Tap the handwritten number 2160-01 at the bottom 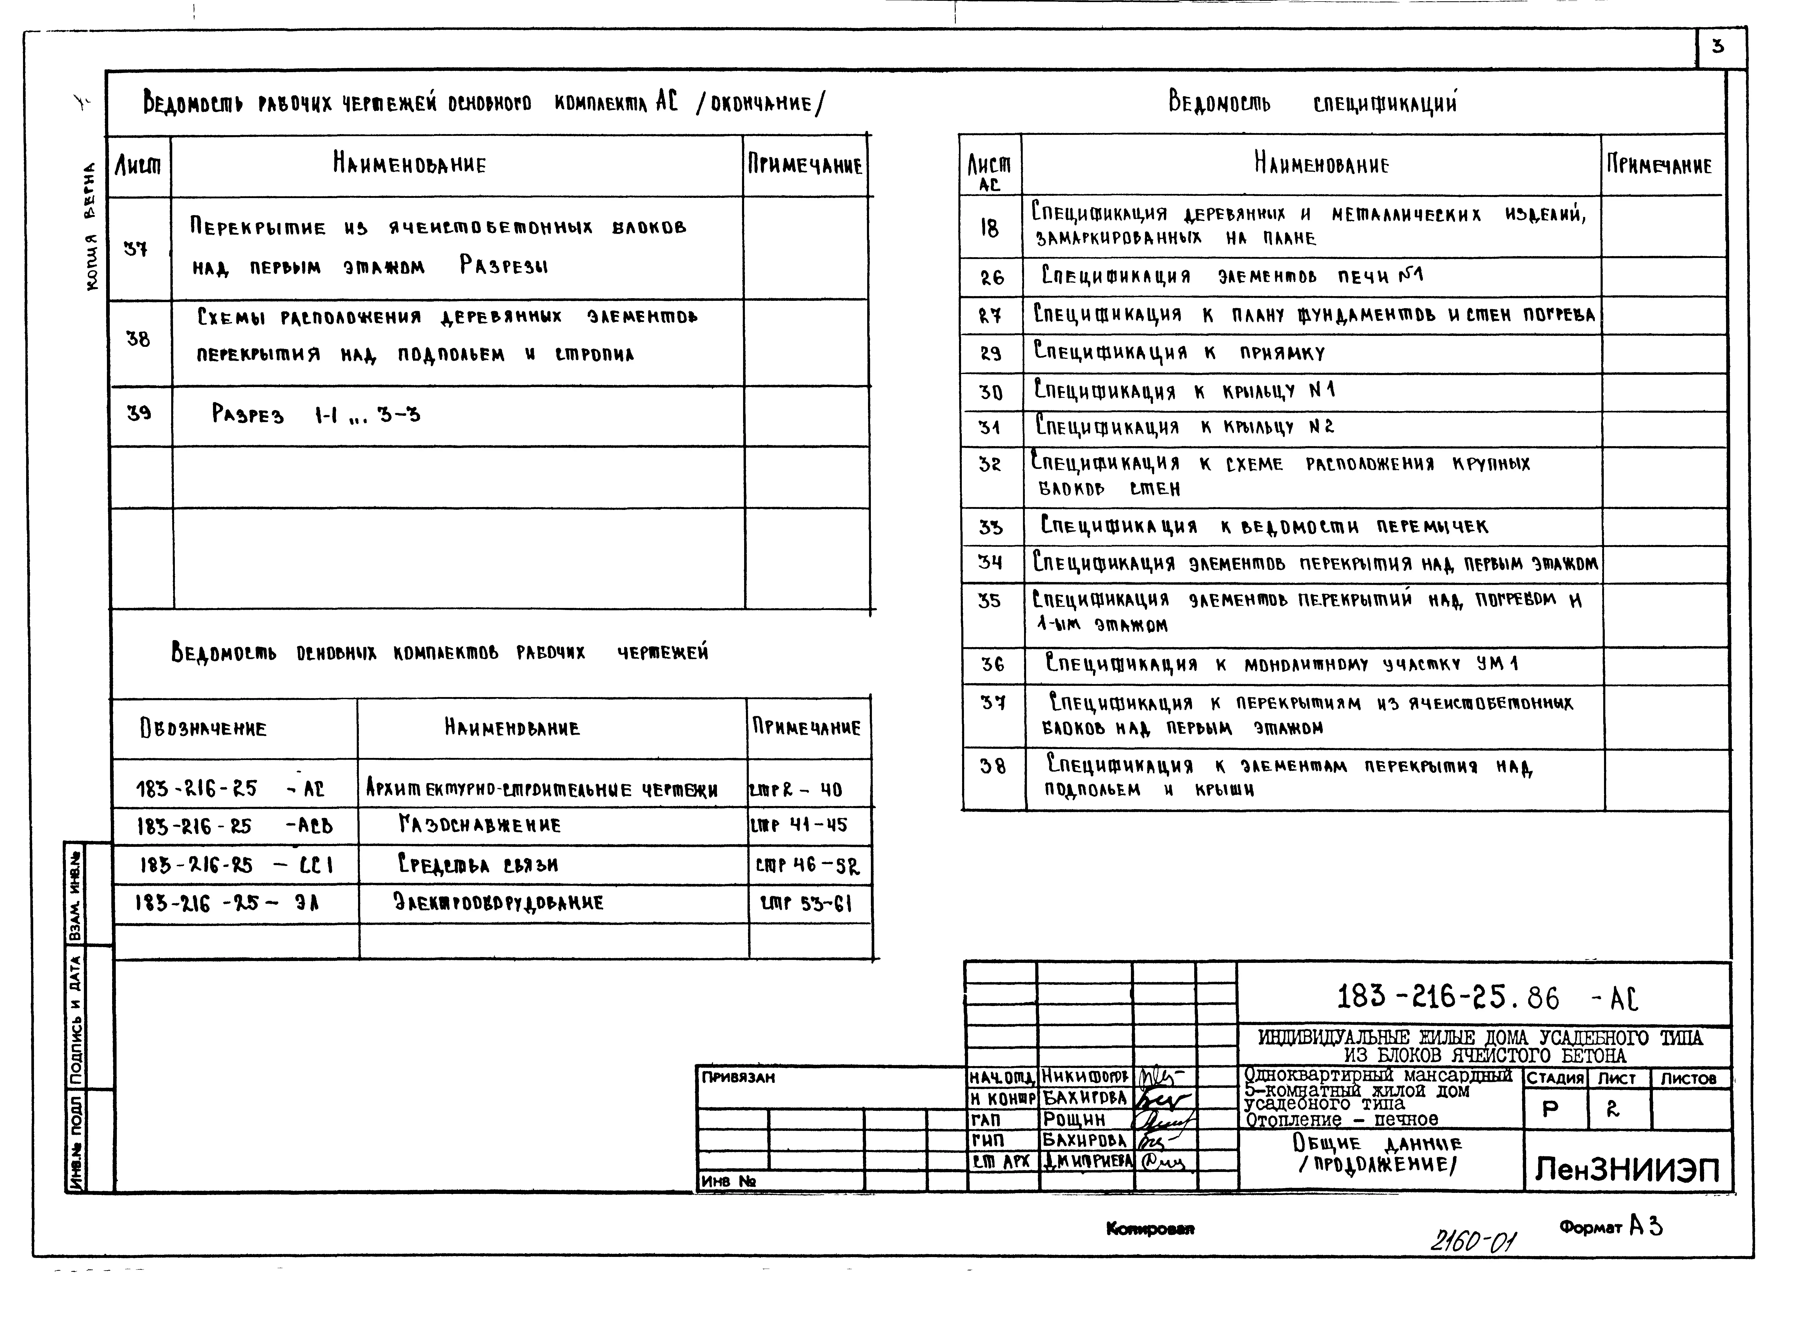coord(1473,1240)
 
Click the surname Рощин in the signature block coord(1074,1120)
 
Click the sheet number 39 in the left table coord(139,414)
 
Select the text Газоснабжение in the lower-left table coord(480,825)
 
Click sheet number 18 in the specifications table coord(989,228)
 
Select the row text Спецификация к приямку coord(1179,352)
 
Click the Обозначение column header coord(204,728)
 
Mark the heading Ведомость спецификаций coord(1312,103)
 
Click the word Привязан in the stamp coord(738,1077)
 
